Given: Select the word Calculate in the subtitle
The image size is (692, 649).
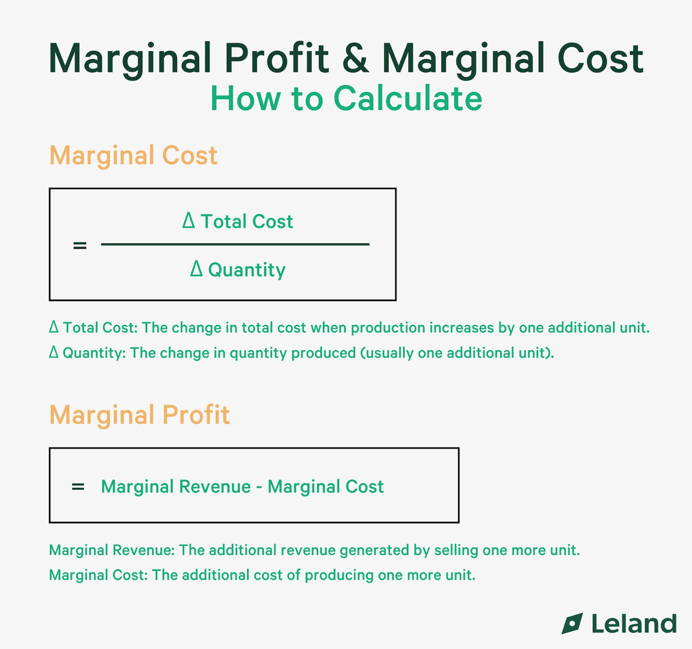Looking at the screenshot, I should click(408, 98).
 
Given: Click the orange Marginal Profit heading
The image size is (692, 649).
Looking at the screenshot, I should click(139, 415).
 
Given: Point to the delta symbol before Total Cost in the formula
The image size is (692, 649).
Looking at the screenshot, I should click(188, 220).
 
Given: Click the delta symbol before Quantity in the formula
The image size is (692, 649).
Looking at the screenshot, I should click(196, 269).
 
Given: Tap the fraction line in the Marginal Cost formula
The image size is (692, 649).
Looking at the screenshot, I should click(235, 244).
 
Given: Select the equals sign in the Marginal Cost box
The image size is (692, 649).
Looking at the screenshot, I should click(80, 246).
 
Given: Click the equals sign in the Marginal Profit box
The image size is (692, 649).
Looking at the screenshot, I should click(78, 487).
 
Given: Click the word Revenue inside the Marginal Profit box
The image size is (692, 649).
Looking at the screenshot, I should click(215, 486).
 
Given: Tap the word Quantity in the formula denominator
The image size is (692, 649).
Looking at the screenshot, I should click(247, 270).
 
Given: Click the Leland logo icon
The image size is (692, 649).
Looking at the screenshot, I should click(572, 623).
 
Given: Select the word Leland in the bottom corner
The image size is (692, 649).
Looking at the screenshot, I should click(634, 624).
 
